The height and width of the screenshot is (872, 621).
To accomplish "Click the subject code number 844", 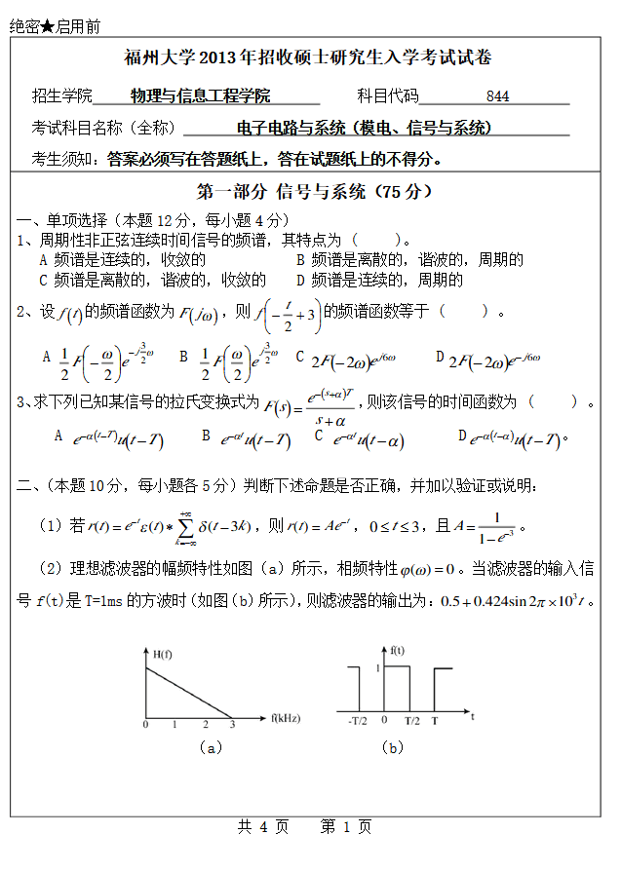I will point(497,96).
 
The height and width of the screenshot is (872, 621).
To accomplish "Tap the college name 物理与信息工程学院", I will point(200,96).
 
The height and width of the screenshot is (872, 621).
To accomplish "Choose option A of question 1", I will point(122,260).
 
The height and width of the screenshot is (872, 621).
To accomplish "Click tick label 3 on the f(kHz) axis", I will point(232,724).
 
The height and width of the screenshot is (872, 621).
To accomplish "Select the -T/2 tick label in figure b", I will point(357,722).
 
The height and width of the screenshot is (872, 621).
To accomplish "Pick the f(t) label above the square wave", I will point(398,649).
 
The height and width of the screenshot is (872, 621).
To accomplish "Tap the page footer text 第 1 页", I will point(346,827).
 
